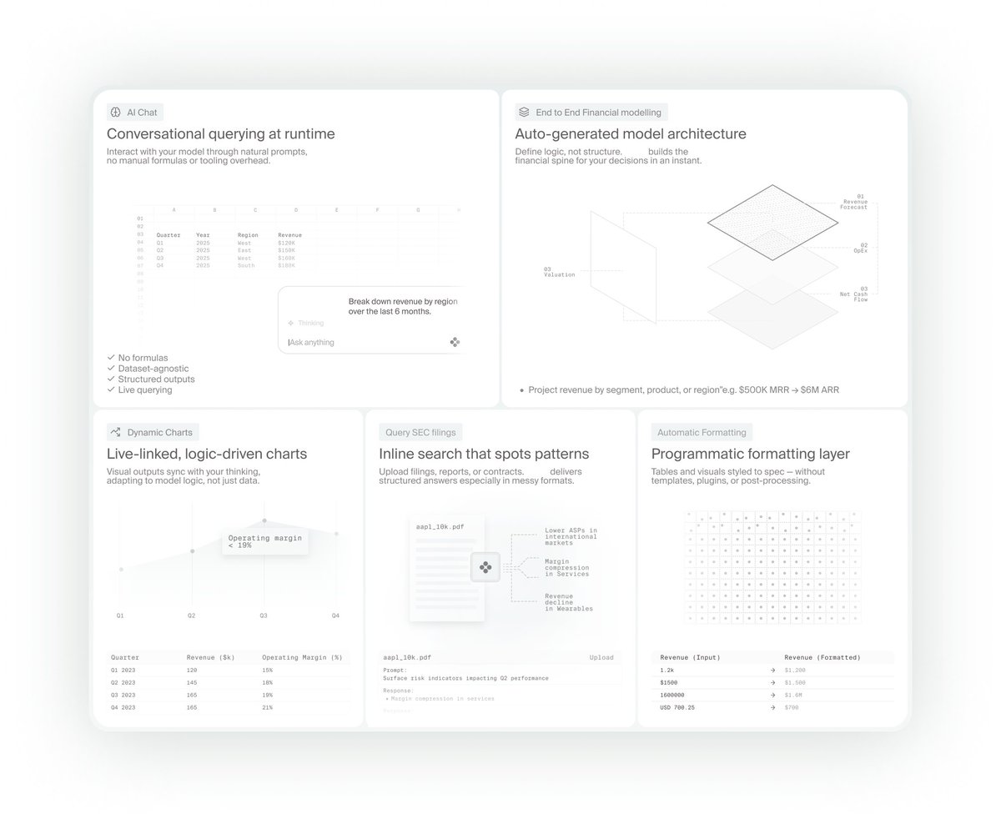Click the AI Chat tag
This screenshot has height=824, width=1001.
pyautogui.click(x=134, y=113)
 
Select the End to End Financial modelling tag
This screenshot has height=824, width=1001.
pyautogui.click(x=591, y=113)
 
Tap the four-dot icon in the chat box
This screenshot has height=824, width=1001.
pyautogui.click(x=455, y=342)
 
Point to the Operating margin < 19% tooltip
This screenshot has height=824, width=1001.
pyautogui.click(x=264, y=541)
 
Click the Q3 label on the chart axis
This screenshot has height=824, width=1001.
pyautogui.click(x=264, y=615)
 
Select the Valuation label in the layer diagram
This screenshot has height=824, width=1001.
pyautogui.click(x=559, y=272)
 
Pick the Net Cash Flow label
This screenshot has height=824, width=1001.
pyautogui.click(x=853, y=294)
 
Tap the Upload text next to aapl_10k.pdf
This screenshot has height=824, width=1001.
pyautogui.click(x=601, y=657)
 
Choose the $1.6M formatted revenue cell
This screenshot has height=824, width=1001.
pyautogui.click(x=793, y=695)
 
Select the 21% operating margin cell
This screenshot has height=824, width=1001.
pyautogui.click(x=268, y=707)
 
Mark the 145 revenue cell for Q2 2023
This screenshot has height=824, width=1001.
pyautogui.click(x=193, y=682)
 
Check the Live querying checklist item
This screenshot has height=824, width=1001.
pyautogui.click(x=144, y=389)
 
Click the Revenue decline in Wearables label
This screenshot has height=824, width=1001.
pyautogui.click(x=569, y=602)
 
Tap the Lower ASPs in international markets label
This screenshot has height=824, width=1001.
pyautogui.click(x=571, y=535)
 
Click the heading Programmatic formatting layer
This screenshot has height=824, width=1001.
pyautogui.click(x=750, y=455)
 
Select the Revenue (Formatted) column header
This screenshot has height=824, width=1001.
pyautogui.click(x=822, y=657)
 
